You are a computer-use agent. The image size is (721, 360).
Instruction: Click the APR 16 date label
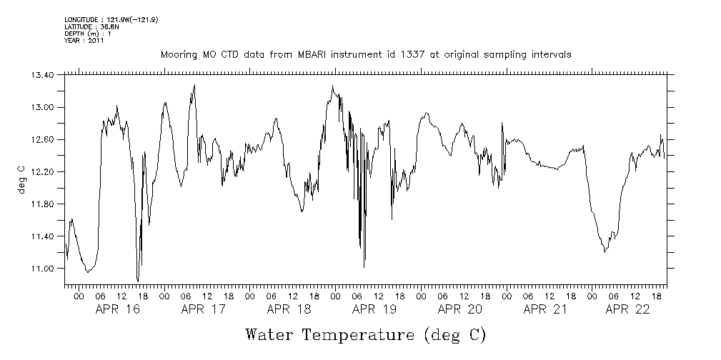[117, 309]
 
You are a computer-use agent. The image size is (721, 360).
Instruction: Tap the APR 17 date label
[203, 309]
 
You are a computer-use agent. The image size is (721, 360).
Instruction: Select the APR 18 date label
[289, 309]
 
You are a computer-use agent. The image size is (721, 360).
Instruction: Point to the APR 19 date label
[374, 309]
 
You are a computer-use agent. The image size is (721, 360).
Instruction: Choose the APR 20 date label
[460, 309]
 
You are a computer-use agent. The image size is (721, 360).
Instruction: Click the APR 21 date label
[545, 309]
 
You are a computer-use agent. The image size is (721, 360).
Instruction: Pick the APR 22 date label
[627, 309]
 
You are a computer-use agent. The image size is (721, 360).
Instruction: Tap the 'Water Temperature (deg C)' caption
[366, 335]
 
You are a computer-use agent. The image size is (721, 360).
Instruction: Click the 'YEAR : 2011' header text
[84, 41]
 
